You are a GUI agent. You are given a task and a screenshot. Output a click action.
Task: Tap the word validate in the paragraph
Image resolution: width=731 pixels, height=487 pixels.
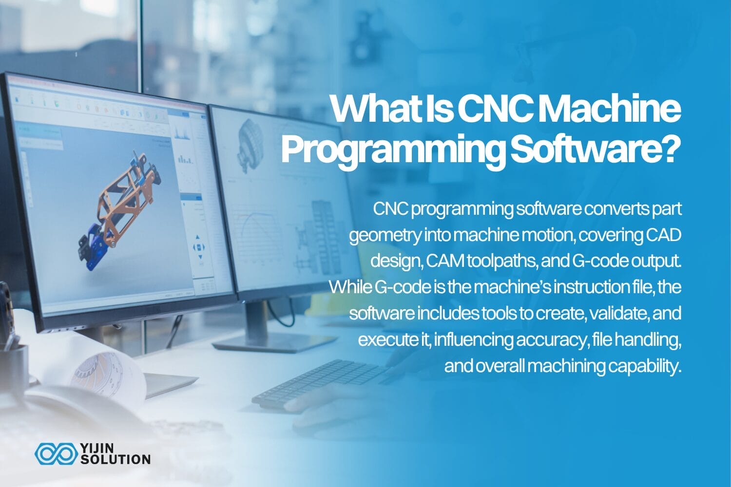coord(618,313)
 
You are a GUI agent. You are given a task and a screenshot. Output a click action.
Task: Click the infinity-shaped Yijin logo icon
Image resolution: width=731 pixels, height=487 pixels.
coord(55,453)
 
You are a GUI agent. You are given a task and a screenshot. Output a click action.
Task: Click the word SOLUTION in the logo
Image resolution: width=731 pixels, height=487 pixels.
coord(115,459)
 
